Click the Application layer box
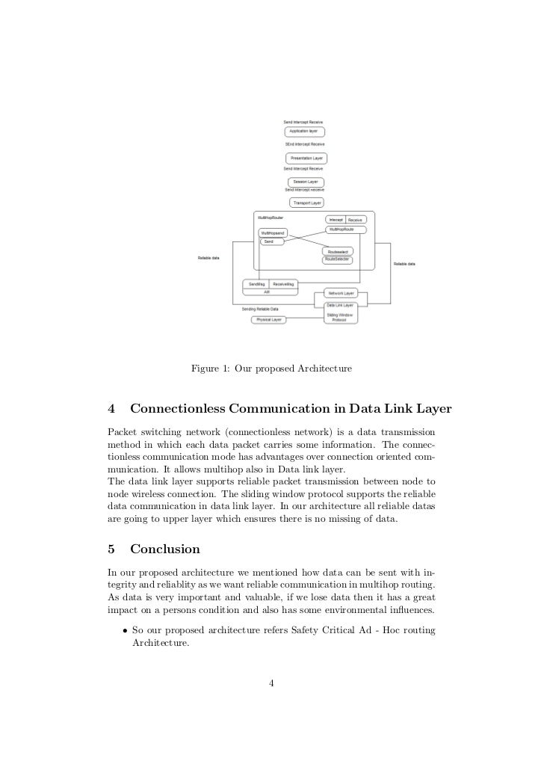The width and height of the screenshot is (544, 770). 303,132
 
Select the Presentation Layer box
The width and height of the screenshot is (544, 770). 306,158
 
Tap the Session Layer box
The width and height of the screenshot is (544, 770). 306,182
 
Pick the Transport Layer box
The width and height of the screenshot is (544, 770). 306,203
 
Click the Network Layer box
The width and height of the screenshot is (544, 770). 341,293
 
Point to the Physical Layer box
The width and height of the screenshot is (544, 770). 269,319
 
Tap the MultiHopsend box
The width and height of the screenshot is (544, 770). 272,233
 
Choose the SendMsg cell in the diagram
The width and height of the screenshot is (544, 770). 256,284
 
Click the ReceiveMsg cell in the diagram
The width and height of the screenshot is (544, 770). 283,284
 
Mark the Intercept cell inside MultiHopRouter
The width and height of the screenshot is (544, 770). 336,220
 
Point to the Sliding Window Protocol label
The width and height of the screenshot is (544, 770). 341,318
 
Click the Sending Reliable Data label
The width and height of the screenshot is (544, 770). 260,309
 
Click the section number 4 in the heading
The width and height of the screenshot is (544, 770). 111,409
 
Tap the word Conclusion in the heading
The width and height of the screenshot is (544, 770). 165,549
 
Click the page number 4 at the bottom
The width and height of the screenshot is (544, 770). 272,683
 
